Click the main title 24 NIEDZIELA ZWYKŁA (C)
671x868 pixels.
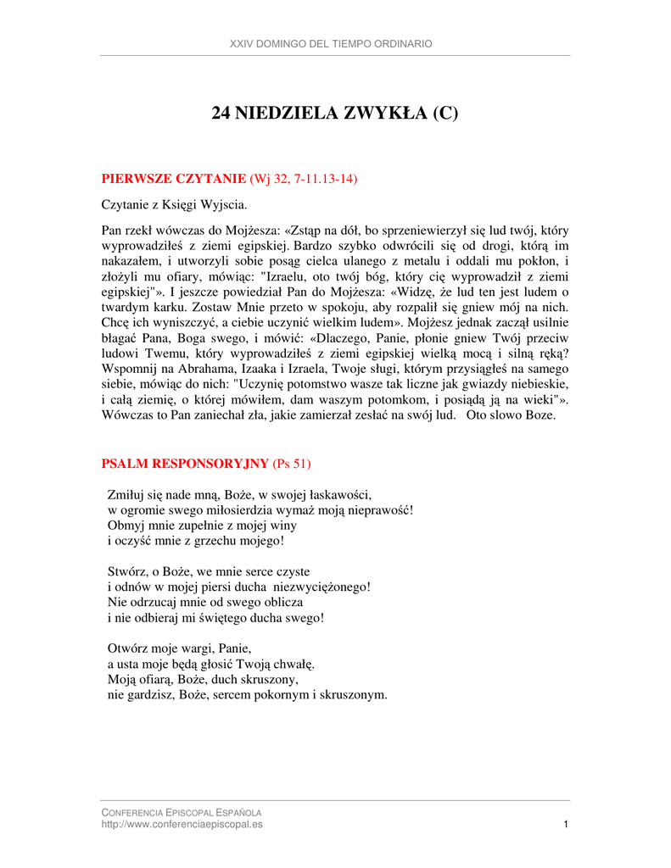pyautogui.click(x=334, y=114)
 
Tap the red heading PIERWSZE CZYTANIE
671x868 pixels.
pyautogui.click(x=174, y=178)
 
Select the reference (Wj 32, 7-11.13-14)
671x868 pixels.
pyautogui.click(x=304, y=178)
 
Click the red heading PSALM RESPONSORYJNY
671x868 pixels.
pyautogui.click(x=185, y=464)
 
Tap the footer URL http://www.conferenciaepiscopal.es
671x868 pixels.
pyautogui.click(x=182, y=824)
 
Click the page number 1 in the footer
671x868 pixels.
pyautogui.click(x=565, y=824)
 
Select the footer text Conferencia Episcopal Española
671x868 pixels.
pyautogui.click(x=182, y=812)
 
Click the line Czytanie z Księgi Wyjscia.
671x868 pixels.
pyautogui.click(x=175, y=204)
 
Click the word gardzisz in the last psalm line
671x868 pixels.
pyautogui.click(x=146, y=695)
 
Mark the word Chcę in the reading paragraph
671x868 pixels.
pyautogui.click(x=115, y=323)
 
